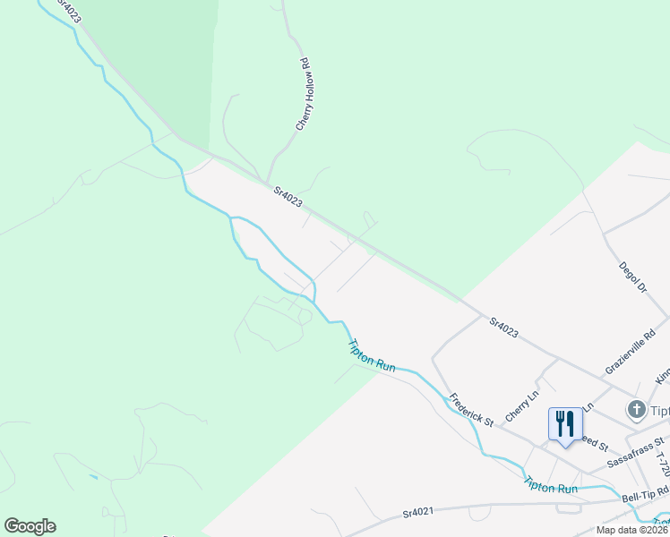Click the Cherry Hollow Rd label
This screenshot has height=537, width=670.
pyautogui.click(x=305, y=96)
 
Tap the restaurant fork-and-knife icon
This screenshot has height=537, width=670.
pyautogui.click(x=564, y=423)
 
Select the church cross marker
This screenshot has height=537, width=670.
pyautogui.click(x=637, y=410)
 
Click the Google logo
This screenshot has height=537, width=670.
pyautogui.click(x=30, y=526)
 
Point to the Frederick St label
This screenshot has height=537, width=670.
pyautogui.click(x=471, y=410)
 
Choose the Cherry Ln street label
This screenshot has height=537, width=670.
pyautogui.click(x=522, y=405)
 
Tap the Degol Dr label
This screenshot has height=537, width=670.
pyautogui.click(x=632, y=277)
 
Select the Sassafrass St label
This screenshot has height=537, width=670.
pyautogui.click(x=635, y=453)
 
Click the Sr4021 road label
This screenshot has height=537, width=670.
pyautogui.click(x=418, y=513)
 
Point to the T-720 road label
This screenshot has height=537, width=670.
pyautogui.click(x=662, y=460)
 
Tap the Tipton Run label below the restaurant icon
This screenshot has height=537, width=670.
pyautogui.click(x=550, y=483)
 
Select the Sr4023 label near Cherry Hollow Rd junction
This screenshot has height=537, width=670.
pyautogui.click(x=288, y=196)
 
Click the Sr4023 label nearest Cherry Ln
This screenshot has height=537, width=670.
pyautogui.click(x=503, y=327)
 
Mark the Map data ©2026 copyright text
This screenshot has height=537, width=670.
pyautogui.click(x=632, y=530)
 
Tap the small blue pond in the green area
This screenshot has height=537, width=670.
pyautogui.click(x=93, y=477)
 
